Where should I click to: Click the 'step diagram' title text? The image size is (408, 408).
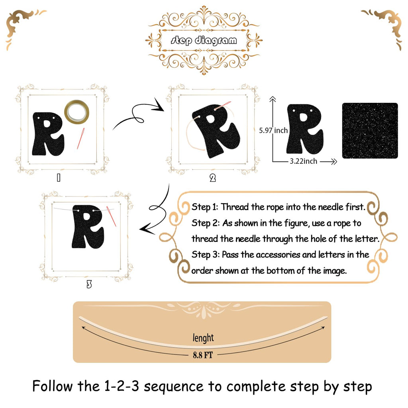point(204,40)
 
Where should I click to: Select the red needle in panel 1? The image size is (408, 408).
point(80,138)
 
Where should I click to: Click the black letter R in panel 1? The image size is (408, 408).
point(48,134)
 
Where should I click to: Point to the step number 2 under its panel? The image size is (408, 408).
point(213,178)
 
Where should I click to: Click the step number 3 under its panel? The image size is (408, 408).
point(89,284)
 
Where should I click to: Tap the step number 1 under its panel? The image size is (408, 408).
point(59,178)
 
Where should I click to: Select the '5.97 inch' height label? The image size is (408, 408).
point(273,130)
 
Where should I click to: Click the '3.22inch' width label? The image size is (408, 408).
point(303,161)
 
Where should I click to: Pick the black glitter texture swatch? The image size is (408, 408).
point(370,131)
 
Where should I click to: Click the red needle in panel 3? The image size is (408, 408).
point(112,216)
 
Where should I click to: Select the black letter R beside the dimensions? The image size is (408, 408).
point(305,129)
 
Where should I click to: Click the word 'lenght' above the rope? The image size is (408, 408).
point(203,338)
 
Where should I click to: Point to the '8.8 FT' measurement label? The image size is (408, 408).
point(203,355)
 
